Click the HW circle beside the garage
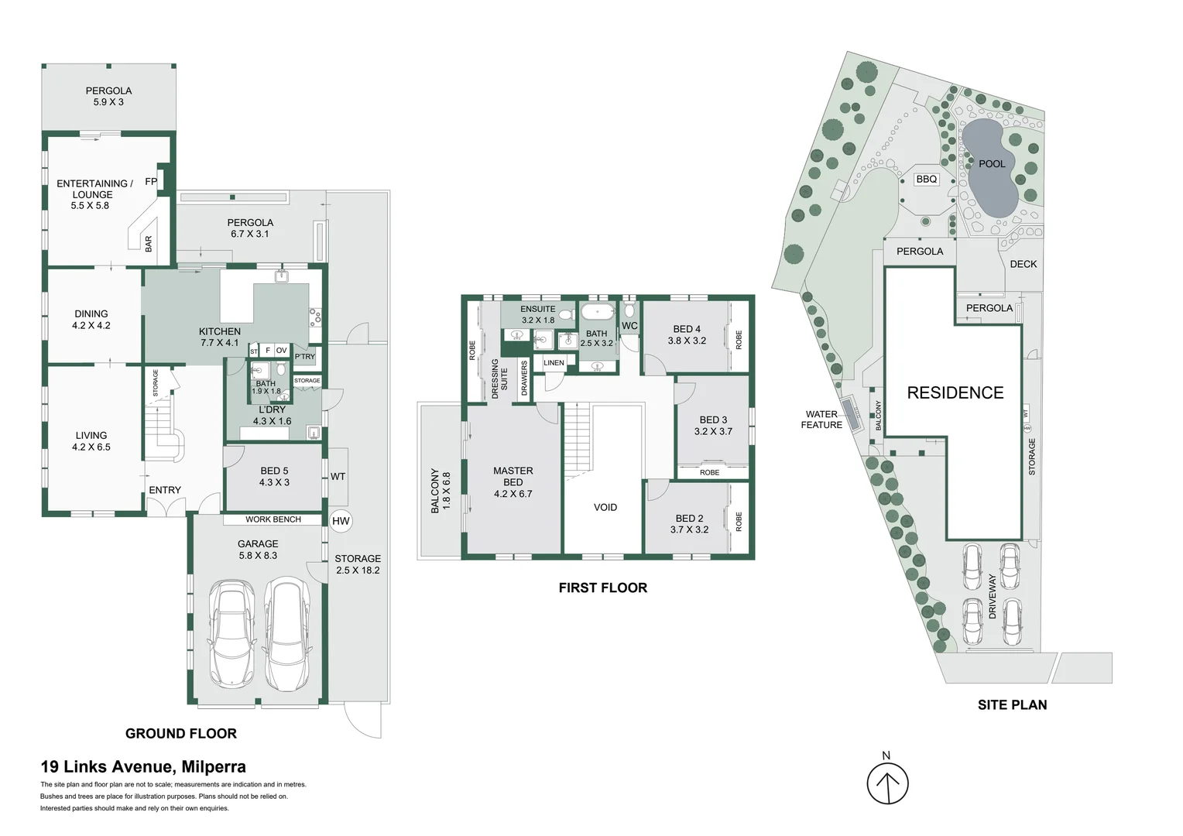pyautogui.click(x=341, y=521)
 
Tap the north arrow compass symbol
pyautogui.click(x=887, y=783)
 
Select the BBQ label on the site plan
pyautogui.click(x=926, y=180)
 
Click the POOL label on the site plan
pyautogui.click(x=992, y=163)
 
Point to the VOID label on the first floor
pyautogui.click(x=605, y=508)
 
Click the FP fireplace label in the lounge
pyautogui.click(x=151, y=182)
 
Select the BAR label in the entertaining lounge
pyautogui.click(x=149, y=244)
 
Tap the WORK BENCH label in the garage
pyautogui.click(x=273, y=519)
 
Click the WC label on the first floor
pyautogui.click(x=629, y=326)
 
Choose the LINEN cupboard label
pyautogui.click(x=554, y=363)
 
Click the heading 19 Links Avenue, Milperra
pyautogui.click(x=143, y=766)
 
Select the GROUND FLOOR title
pyautogui.click(x=180, y=734)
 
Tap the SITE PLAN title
pyautogui.click(x=1012, y=705)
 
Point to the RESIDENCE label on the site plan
pyautogui.click(x=955, y=393)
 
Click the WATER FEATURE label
pyautogui.click(x=821, y=420)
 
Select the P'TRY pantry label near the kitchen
pyautogui.click(x=305, y=357)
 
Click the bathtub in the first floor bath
pyautogui.click(x=598, y=312)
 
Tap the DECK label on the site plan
pyautogui.click(x=1023, y=264)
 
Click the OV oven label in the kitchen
pyautogui.click(x=282, y=350)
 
